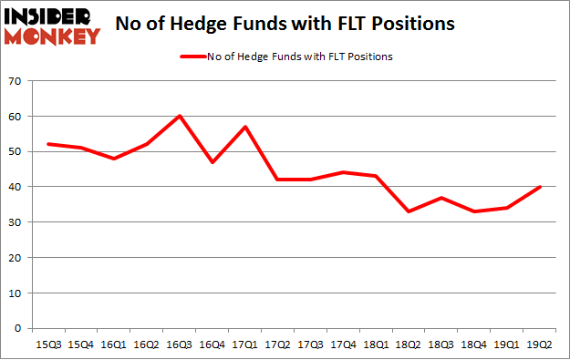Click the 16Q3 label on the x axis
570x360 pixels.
click(180, 344)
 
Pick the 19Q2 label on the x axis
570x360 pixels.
click(541, 344)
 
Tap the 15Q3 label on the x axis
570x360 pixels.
click(47, 344)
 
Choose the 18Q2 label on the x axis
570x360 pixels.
click(409, 344)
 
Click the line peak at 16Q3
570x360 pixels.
click(180, 116)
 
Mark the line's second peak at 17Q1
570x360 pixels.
click(245, 127)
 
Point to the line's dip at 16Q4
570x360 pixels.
click(212, 162)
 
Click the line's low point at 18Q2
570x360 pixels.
click(409, 211)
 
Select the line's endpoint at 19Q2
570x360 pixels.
click(541, 187)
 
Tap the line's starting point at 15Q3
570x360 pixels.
click(47, 144)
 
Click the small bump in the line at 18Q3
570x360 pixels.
click(441, 197)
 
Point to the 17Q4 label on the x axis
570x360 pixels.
click(344, 344)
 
